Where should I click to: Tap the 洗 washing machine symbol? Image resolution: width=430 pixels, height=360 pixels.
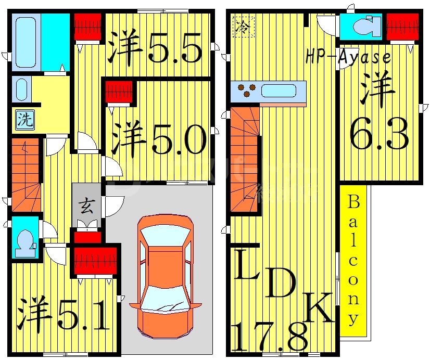click(x=24, y=120)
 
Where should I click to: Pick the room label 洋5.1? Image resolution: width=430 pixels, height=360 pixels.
click(x=64, y=315)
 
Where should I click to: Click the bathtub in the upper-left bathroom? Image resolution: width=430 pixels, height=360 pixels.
click(x=26, y=42)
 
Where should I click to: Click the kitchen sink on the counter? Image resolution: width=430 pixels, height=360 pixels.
click(x=279, y=91)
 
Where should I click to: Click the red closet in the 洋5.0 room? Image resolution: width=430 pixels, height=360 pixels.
click(x=119, y=92)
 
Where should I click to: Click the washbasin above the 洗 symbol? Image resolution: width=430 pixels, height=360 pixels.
click(x=20, y=89)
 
